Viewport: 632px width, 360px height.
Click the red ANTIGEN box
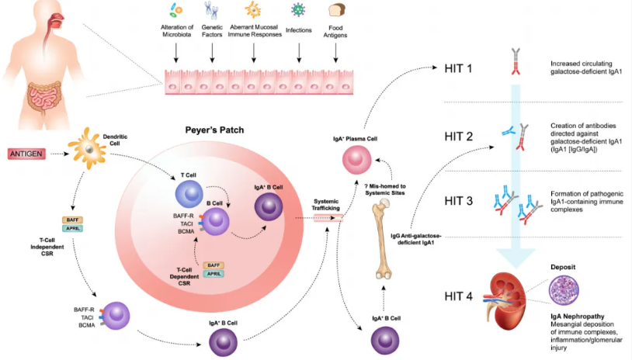click(26, 154)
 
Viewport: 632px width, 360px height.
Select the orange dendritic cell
click(88, 148)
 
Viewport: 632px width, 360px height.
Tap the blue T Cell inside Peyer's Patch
click(189, 194)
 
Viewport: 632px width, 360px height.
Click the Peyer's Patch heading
click(214, 130)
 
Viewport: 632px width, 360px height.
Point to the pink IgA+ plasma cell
click(356, 160)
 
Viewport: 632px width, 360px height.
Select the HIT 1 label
click(458, 68)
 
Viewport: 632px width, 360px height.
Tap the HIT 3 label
click(459, 201)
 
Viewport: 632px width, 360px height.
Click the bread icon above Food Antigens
click(336, 10)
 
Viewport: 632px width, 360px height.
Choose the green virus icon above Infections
click(298, 9)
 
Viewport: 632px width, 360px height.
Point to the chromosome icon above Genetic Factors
click(211, 10)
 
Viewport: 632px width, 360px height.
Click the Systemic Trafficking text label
click(325, 205)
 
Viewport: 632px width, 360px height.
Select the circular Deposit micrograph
click(564, 290)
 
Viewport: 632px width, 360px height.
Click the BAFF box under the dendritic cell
click(72, 220)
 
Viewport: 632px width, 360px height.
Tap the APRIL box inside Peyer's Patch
click(214, 274)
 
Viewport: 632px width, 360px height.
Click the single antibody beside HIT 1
click(516, 61)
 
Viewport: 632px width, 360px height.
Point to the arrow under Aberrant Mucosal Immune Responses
click(254, 53)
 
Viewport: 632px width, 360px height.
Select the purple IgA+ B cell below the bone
click(385, 341)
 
